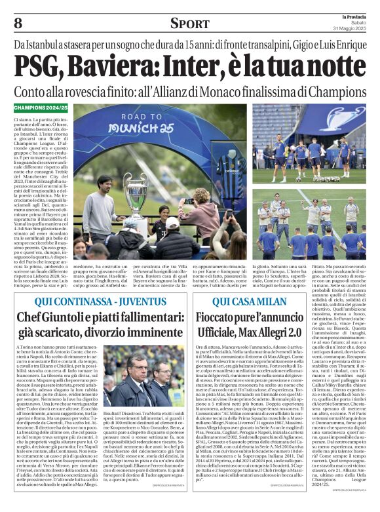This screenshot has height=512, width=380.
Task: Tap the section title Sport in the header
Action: tap(189, 24)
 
